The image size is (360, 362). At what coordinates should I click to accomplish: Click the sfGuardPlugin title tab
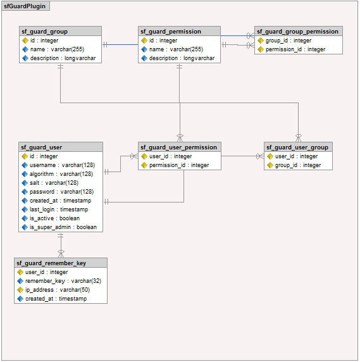pos(25,6)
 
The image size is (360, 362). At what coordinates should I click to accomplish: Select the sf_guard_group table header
pos(60,31)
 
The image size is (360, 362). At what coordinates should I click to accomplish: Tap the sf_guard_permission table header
pos(179,31)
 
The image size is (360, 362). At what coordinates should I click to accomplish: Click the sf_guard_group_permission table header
pos(299,31)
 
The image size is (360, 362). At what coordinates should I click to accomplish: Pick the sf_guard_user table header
pos(61,147)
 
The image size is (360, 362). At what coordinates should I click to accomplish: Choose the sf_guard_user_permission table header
pos(180,147)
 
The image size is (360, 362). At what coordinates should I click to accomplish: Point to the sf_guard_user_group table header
pos(298,147)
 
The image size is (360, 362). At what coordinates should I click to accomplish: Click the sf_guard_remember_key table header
pos(61,263)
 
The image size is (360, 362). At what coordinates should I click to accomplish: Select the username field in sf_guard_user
pos(62,165)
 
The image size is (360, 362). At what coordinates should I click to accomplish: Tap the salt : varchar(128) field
pos(54,183)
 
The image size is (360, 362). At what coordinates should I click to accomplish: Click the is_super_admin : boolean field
pos(63,227)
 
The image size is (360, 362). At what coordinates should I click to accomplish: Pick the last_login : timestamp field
pos(59,209)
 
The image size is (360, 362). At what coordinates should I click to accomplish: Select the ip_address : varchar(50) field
pos(58,290)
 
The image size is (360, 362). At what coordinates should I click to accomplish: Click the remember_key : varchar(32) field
pos(63,281)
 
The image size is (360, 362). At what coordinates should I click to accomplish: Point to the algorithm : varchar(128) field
pos(61,174)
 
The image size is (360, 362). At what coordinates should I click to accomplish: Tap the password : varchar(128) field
pos(61,192)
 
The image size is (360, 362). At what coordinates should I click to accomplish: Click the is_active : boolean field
pos(54,218)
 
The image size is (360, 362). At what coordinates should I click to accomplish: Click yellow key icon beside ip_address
pos(20,290)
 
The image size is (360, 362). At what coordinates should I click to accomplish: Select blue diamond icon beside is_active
pos(25,218)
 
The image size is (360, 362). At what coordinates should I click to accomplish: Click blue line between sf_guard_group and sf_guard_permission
pos(120,44)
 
